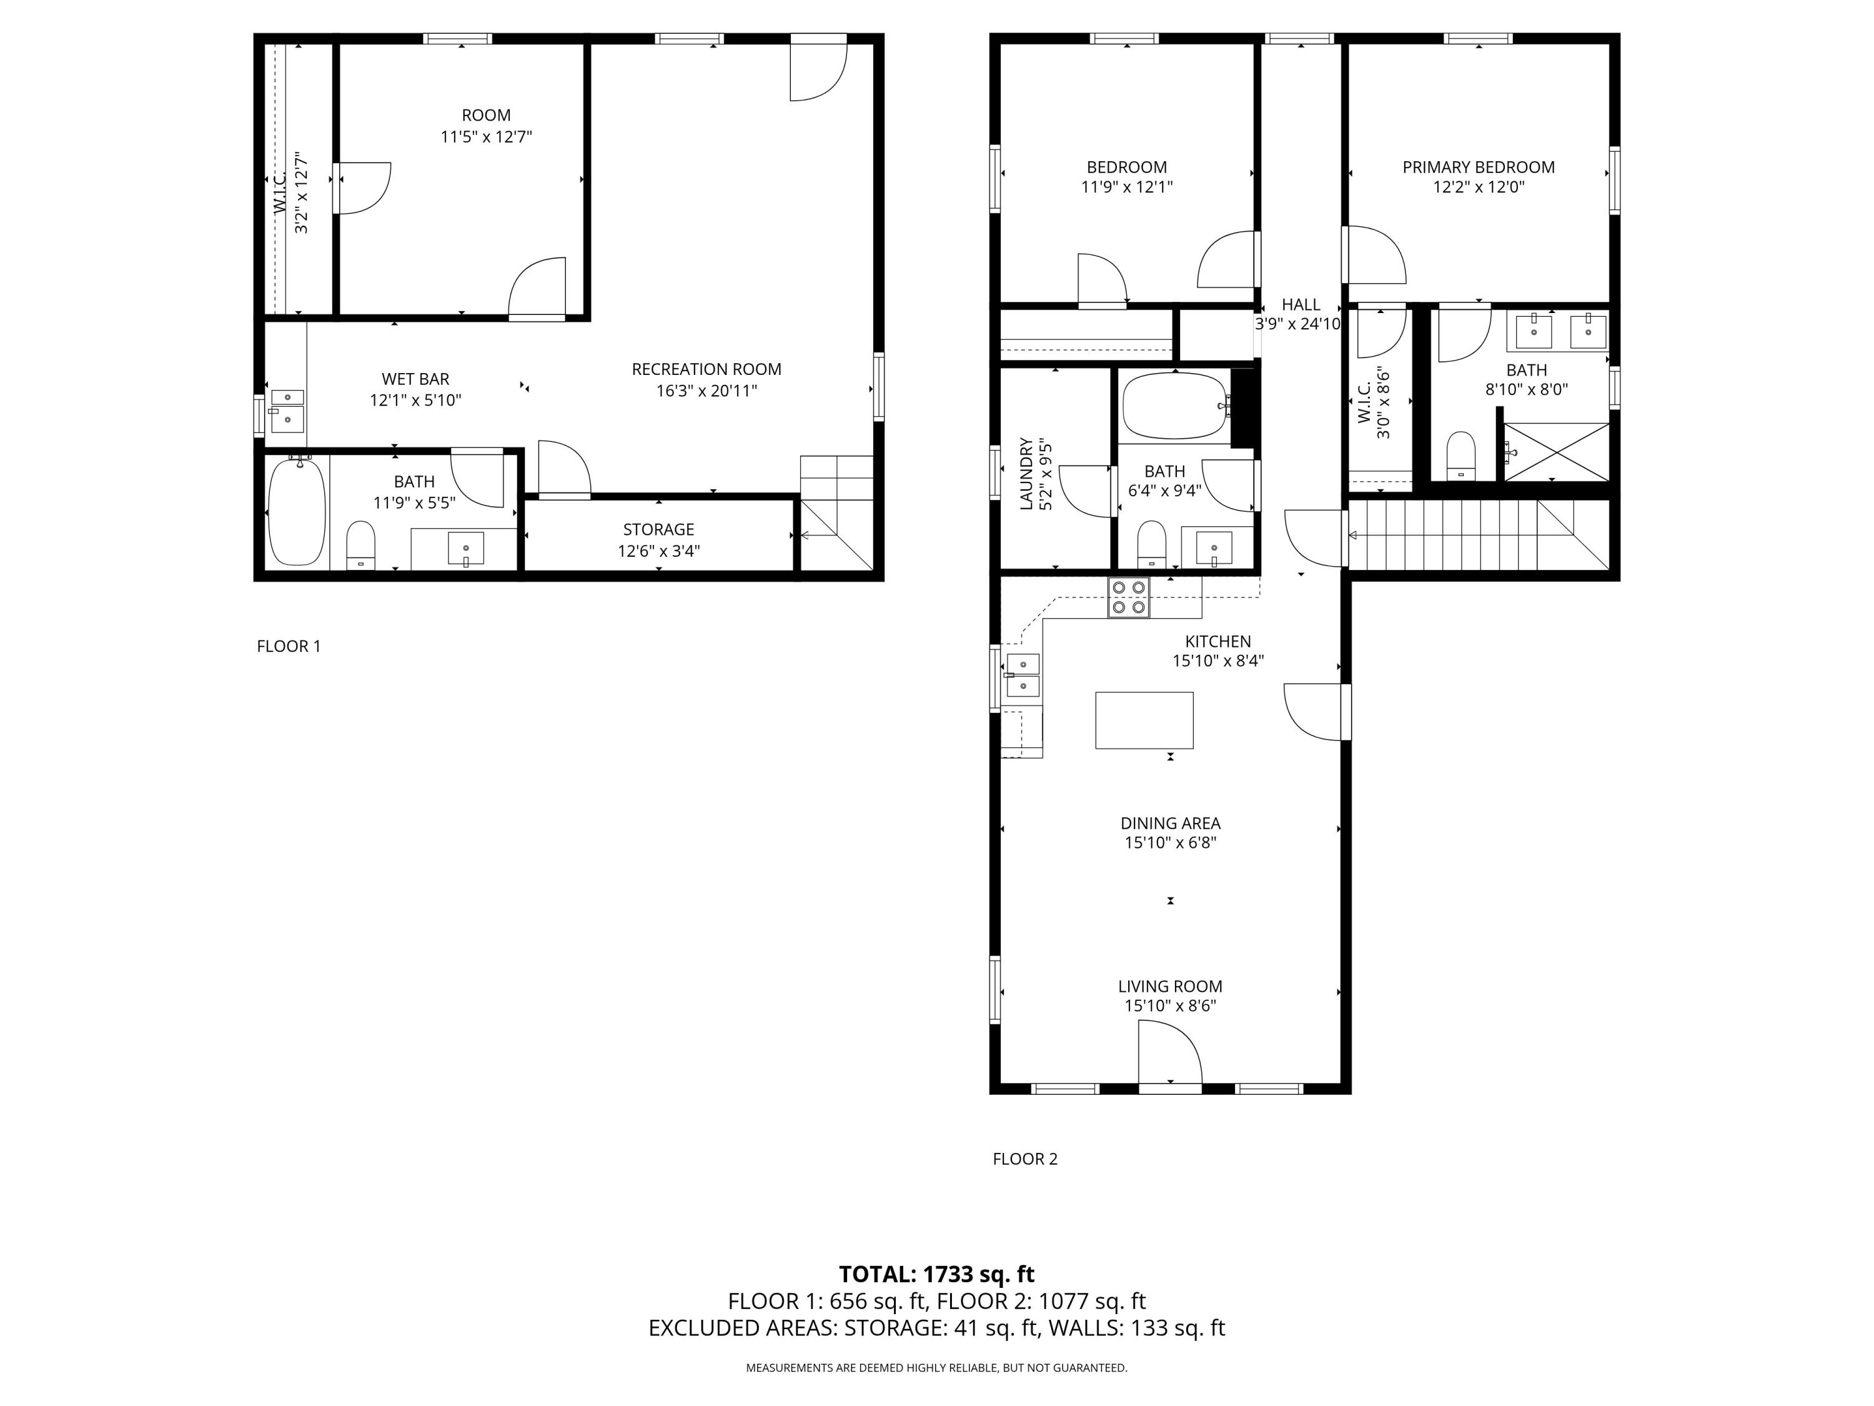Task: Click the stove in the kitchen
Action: coord(1129,597)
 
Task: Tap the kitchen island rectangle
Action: coord(1144,720)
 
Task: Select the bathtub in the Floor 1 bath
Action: coord(297,511)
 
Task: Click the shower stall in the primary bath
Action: coord(1556,452)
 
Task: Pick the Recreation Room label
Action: coord(706,369)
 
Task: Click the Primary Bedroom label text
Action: coord(1479,167)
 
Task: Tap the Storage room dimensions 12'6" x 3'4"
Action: coord(658,551)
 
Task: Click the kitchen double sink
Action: coord(1023,676)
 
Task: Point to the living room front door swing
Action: coord(1169,1052)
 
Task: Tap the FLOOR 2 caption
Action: coord(1025,1159)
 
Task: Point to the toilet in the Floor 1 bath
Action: coord(361,545)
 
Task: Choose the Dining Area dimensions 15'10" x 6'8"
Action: coord(1170,842)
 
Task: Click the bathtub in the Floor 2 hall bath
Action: coord(1175,406)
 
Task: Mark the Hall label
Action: coord(1301,304)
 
